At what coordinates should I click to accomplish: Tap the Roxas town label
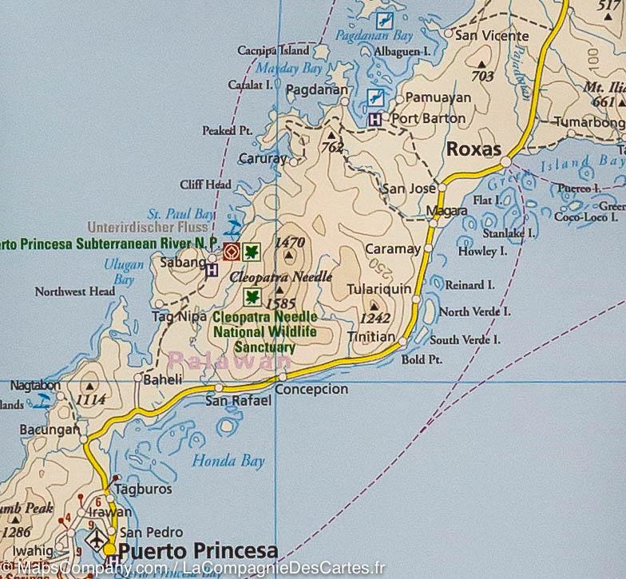click(473, 149)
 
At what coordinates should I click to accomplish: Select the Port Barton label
click(429, 118)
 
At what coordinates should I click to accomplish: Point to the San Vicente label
click(491, 36)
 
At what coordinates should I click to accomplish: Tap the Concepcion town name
click(312, 389)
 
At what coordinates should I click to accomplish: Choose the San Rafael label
click(240, 399)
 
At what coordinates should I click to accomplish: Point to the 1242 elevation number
click(374, 318)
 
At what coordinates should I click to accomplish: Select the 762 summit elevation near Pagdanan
click(331, 146)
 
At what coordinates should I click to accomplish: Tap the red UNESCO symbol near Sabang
click(231, 252)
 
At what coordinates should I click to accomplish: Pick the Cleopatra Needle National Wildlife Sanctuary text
click(264, 332)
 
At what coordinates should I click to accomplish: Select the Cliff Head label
click(205, 184)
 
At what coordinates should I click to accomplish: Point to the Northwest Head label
click(75, 292)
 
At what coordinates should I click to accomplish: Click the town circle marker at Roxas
click(505, 163)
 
